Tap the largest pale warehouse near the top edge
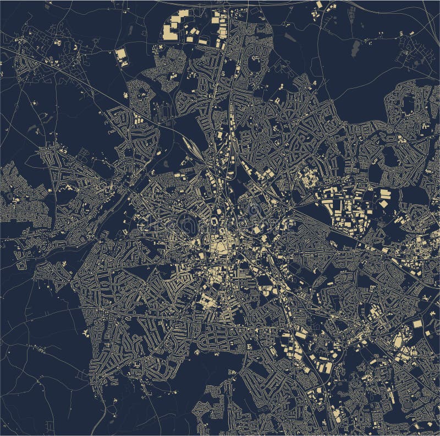coord(175,24)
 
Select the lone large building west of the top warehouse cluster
coord(121,56)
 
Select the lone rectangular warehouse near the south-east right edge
coord(417,324)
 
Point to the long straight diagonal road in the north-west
coord(82,83)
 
